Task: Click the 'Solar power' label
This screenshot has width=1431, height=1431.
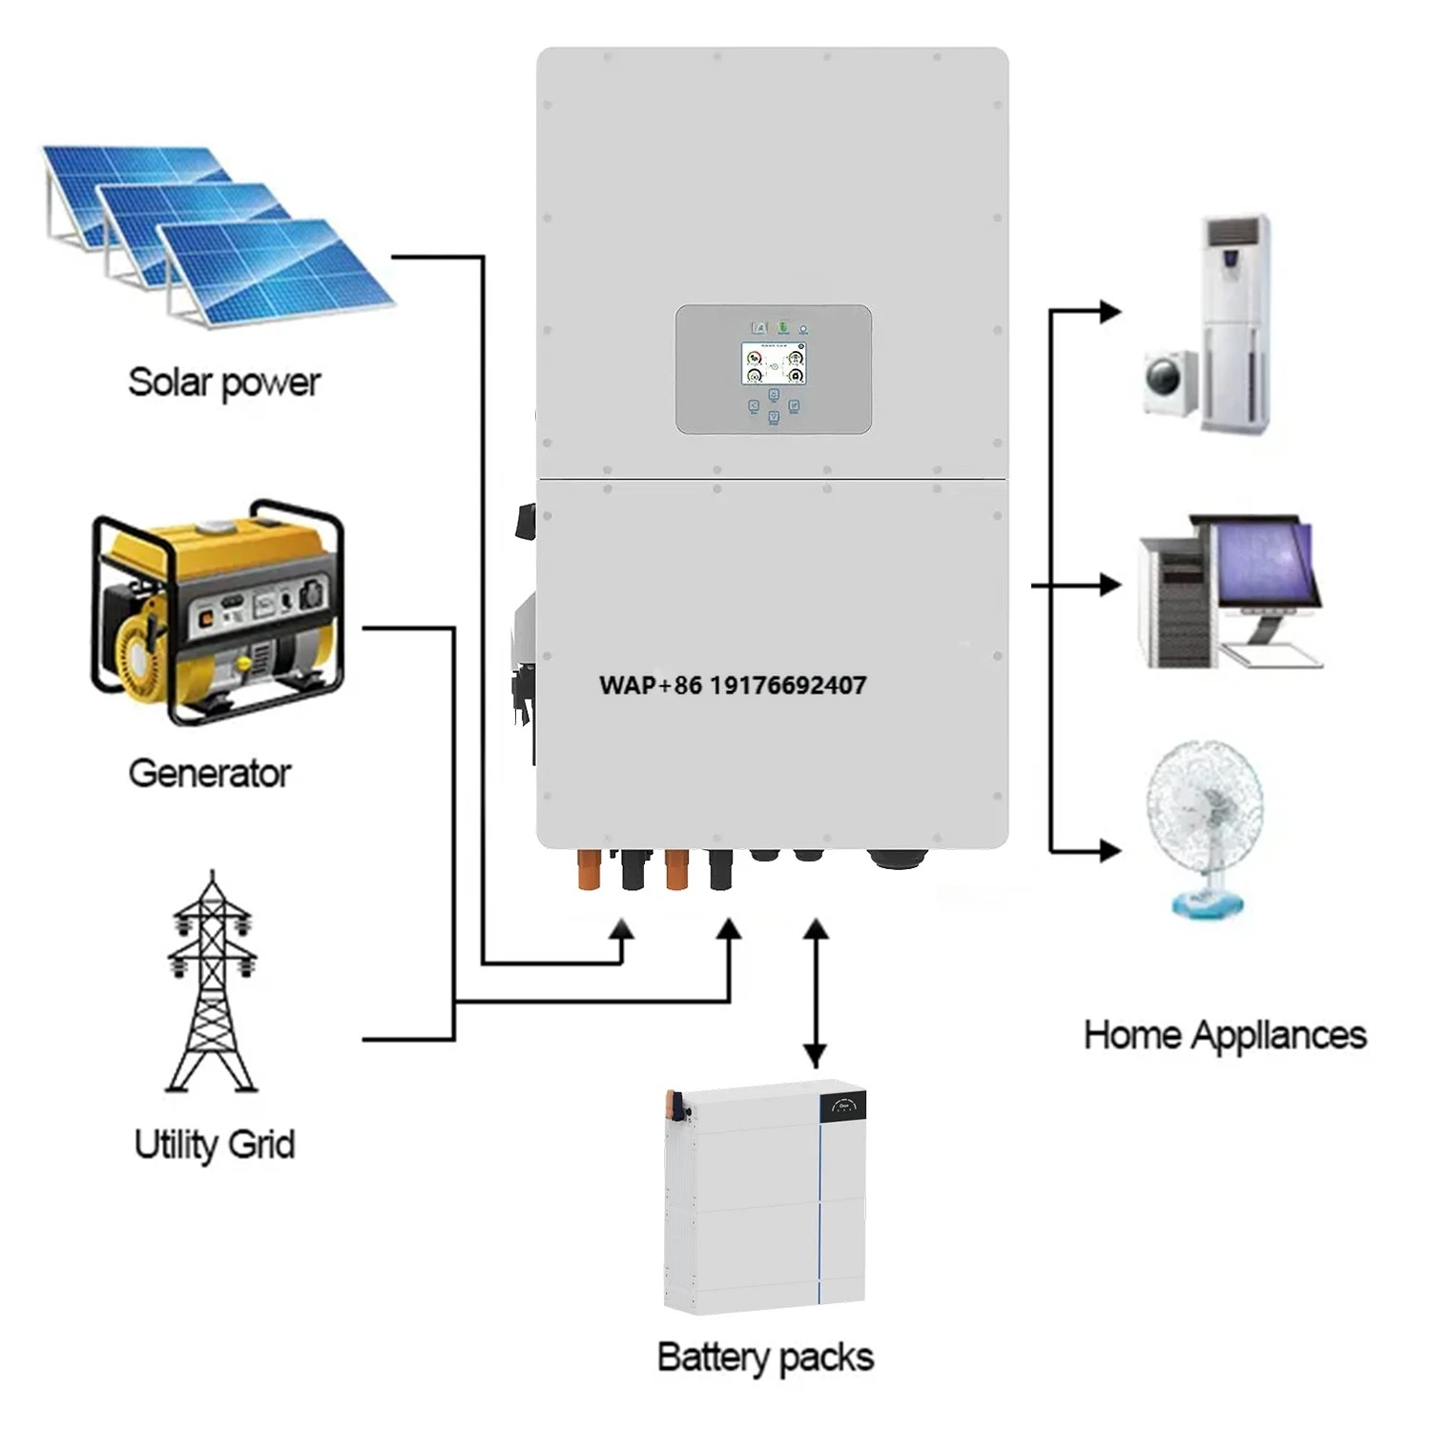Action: pos(224,383)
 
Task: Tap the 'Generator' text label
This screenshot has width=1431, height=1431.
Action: pos(209,773)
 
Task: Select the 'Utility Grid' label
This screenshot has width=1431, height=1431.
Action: pos(214,1144)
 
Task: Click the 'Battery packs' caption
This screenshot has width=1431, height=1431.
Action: pos(765,1357)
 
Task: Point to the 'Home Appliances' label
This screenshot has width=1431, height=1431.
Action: pos(1224,1035)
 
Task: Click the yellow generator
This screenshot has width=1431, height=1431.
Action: pos(218,611)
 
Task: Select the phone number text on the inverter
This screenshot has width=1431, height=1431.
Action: pos(733,685)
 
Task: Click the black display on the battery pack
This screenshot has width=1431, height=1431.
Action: pos(842,1107)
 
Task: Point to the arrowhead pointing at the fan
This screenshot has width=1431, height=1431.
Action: pos(1110,850)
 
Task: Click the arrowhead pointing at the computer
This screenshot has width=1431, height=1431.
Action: pos(1110,585)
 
